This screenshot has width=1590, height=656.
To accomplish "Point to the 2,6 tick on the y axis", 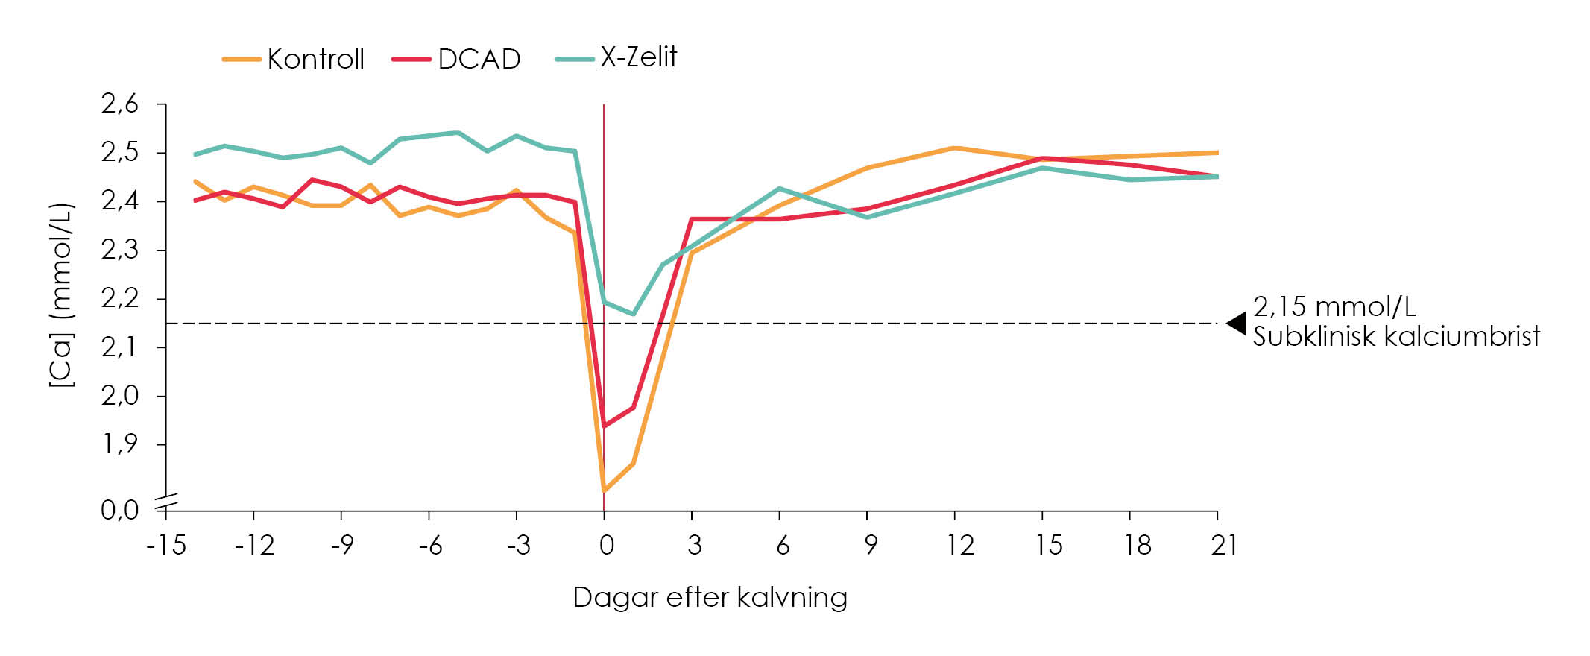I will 120,104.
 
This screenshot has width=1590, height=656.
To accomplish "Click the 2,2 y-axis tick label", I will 120,299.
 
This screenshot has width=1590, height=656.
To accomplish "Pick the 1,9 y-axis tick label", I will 120,444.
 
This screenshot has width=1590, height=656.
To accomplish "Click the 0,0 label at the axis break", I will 120,511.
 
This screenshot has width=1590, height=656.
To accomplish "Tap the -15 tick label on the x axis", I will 165,546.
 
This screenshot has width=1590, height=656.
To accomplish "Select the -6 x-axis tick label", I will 430,546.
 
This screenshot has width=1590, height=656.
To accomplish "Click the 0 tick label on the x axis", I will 606,546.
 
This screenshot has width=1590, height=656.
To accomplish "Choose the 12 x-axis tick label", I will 960,546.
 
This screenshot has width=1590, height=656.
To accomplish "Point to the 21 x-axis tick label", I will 1224,546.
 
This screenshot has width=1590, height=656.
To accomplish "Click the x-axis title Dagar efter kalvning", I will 710,598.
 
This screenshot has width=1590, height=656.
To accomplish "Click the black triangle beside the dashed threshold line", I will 1237,324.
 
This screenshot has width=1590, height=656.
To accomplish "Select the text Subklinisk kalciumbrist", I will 1395,337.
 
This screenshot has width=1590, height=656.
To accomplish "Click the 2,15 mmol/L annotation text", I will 1334,306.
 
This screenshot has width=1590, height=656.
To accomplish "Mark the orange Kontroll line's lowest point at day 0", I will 604,491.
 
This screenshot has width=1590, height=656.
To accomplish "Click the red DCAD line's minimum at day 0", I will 604,426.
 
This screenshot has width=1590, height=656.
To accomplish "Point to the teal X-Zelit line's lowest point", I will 633,314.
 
